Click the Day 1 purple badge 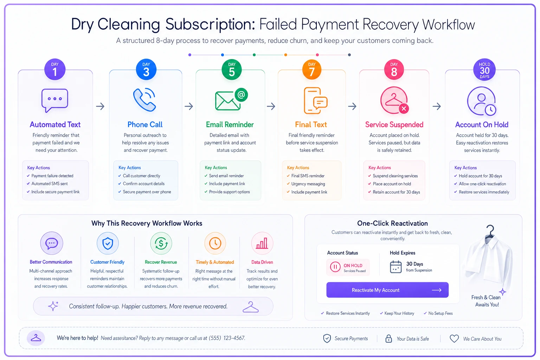pyautogui.click(x=55, y=70)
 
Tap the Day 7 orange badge pyautogui.click(x=312, y=70)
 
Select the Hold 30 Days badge pyautogui.click(x=484, y=70)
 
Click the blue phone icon pyautogui.click(x=144, y=100)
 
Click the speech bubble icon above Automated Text pyautogui.click(x=55, y=100)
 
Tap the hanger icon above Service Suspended pyautogui.click(x=394, y=100)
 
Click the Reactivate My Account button pyautogui.click(x=387, y=290)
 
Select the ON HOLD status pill pyautogui.click(x=348, y=267)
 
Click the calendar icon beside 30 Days pyautogui.click(x=396, y=267)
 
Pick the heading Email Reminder pyautogui.click(x=230, y=124)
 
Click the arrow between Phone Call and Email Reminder pyautogui.click(x=189, y=106)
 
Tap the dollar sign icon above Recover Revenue pyautogui.click(x=161, y=243)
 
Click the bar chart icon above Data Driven pyautogui.click(x=262, y=243)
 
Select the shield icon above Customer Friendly pyautogui.click(x=108, y=243)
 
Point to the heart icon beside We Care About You pyautogui.click(x=454, y=339)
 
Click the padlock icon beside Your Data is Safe pyautogui.click(x=388, y=339)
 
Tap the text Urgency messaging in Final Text pyautogui.click(x=308, y=184)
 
